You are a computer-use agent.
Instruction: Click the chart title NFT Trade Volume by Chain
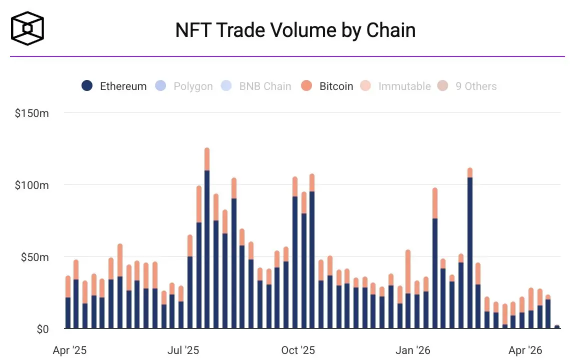295,30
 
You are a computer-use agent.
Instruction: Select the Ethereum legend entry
114,86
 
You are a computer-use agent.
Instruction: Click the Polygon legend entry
184,86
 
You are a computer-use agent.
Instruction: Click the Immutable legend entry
395,86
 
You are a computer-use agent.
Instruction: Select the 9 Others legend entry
467,86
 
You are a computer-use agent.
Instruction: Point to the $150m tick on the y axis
32,113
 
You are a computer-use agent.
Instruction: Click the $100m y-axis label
32,185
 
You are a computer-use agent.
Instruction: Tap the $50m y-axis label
34,257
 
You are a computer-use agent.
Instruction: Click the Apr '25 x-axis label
69,350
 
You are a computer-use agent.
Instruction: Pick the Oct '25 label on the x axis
298,350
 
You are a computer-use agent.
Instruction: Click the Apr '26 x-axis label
525,350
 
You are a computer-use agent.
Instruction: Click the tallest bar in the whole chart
207,240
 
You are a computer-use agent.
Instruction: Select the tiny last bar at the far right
557,327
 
